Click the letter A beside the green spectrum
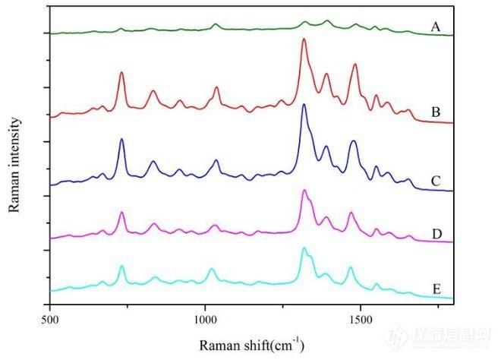(436, 27)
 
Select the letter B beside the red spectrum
(436, 112)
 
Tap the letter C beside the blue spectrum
(436, 181)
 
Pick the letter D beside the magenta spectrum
(436, 232)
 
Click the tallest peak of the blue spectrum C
(304, 105)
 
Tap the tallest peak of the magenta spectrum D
(304, 191)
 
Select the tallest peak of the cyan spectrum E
(304, 248)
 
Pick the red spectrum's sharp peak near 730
(121, 72)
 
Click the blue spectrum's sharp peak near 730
(121, 140)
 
